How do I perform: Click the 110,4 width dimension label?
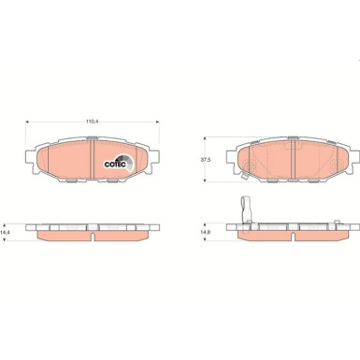click(x=93, y=122)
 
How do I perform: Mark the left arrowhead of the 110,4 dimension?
click(x=27, y=122)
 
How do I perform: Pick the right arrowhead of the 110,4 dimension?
click(x=158, y=122)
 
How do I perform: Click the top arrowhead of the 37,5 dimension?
click(x=205, y=138)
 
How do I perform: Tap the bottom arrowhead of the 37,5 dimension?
click(x=205, y=180)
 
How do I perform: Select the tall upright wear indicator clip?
click(x=246, y=209)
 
